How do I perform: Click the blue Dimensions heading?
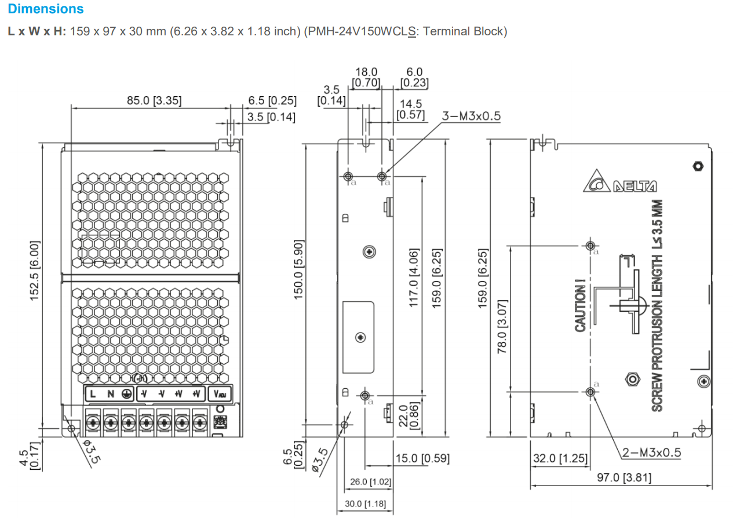coord(46,9)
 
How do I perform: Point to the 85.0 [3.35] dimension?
coord(154,101)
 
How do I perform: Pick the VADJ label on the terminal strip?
coord(220,394)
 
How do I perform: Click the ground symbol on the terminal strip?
coord(127,394)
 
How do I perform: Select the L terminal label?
coord(92,394)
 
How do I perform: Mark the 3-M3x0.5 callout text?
coord(471,116)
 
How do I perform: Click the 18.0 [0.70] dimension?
coord(366,77)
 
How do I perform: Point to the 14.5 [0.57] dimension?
coord(410,109)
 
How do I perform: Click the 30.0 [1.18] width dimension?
coord(365,504)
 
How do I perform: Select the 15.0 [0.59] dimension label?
coord(422,459)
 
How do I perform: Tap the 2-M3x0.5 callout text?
coord(651,453)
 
